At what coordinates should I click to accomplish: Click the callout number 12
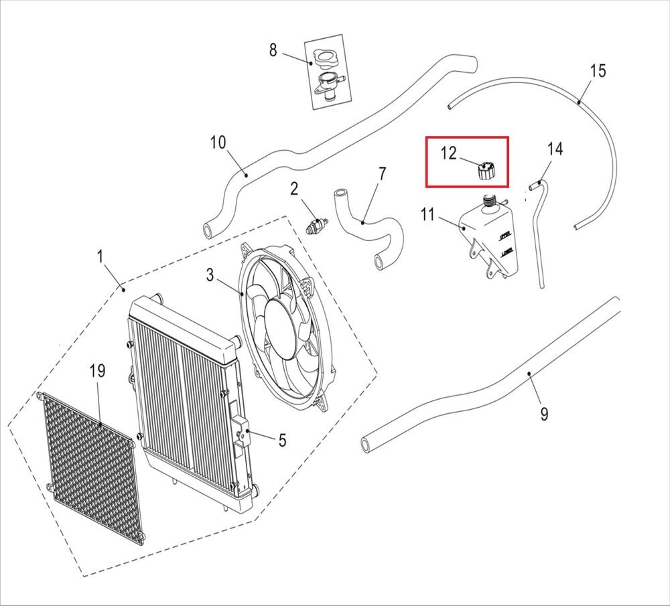click(448, 153)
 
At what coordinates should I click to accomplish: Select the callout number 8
click(273, 50)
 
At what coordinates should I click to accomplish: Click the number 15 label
click(598, 70)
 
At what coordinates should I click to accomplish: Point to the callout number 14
click(555, 149)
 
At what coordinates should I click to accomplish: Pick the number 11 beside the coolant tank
click(428, 214)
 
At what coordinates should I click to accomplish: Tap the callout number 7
click(382, 174)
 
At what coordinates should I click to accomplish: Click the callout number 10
click(218, 143)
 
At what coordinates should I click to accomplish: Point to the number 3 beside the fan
click(210, 275)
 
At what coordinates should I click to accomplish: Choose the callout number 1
click(100, 256)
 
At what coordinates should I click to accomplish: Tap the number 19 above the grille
click(98, 371)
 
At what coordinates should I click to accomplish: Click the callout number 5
click(282, 440)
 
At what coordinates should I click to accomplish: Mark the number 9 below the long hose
click(543, 414)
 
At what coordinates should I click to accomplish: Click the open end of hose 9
click(366, 443)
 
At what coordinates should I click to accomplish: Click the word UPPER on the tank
click(506, 236)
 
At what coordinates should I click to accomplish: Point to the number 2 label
click(293, 190)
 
